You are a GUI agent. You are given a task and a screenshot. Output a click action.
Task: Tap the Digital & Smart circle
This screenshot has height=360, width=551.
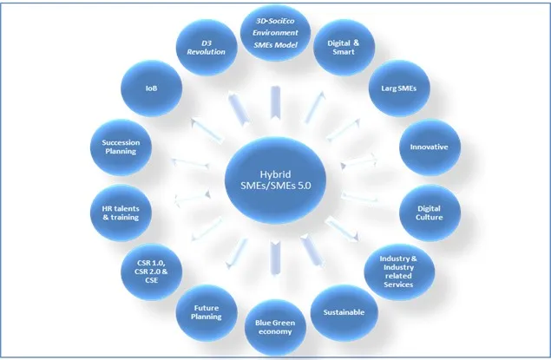344,49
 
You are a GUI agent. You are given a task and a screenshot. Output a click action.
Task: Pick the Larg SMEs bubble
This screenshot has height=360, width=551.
395,88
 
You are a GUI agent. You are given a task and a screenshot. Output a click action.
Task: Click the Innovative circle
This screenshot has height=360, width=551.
428,147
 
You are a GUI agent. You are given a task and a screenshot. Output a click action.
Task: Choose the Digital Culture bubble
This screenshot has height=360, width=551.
429,212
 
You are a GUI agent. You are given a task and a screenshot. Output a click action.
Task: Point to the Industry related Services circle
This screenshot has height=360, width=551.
400,272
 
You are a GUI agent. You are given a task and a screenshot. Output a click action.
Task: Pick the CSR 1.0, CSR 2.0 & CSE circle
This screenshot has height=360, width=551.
153,272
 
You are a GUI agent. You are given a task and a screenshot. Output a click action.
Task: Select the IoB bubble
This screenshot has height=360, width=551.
151,88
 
